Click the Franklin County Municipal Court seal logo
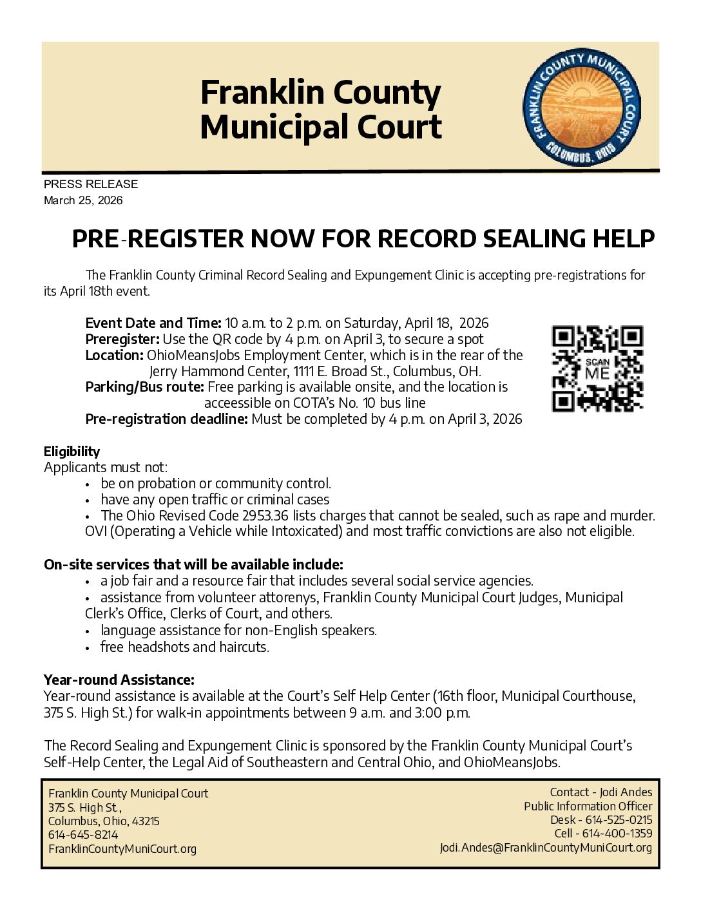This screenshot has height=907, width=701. coord(581,109)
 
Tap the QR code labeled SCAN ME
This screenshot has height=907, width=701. coord(597,369)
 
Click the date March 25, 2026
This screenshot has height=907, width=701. coord(83,200)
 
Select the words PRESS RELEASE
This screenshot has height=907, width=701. coord(91,184)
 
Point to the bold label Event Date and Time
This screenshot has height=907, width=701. coord(153,323)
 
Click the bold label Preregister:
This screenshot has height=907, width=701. coord(122,339)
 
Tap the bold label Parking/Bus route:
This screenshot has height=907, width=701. coord(145,387)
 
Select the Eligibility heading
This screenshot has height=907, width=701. coord(72,451)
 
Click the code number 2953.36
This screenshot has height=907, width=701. coord(266,515)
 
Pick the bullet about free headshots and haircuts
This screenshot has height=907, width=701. coord(184,647)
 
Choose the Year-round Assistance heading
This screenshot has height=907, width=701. coord(119,680)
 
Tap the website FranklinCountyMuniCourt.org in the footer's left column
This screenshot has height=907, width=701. coord(122,849)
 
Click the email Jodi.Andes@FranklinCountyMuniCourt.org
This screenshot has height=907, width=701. coord(546,848)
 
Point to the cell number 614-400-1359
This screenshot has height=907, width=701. coord(617,834)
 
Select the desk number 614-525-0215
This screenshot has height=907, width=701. coord(617,820)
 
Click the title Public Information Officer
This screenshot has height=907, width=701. coord(588,806)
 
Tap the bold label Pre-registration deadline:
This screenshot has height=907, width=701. coord(166,419)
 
